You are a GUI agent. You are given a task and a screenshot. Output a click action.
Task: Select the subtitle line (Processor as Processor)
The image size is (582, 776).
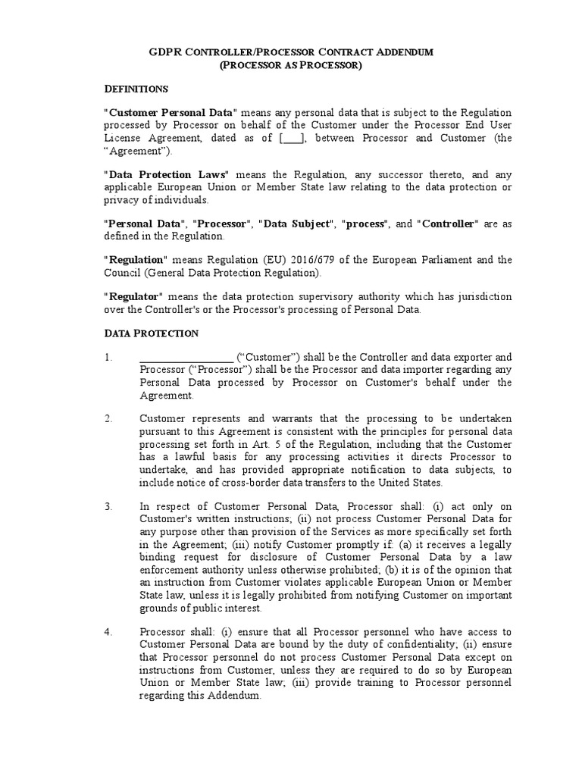pyautogui.click(x=291, y=66)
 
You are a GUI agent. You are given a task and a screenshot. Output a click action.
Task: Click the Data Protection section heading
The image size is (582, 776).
pyautogui.click(x=151, y=333)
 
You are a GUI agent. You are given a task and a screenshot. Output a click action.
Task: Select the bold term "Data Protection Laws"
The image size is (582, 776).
pyautogui.click(x=164, y=174)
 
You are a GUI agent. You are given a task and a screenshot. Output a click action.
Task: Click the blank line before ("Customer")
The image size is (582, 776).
pyautogui.click(x=186, y=357)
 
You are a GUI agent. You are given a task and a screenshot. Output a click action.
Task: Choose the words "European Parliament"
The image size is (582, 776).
pyautogui.click(x=432, y=260)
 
